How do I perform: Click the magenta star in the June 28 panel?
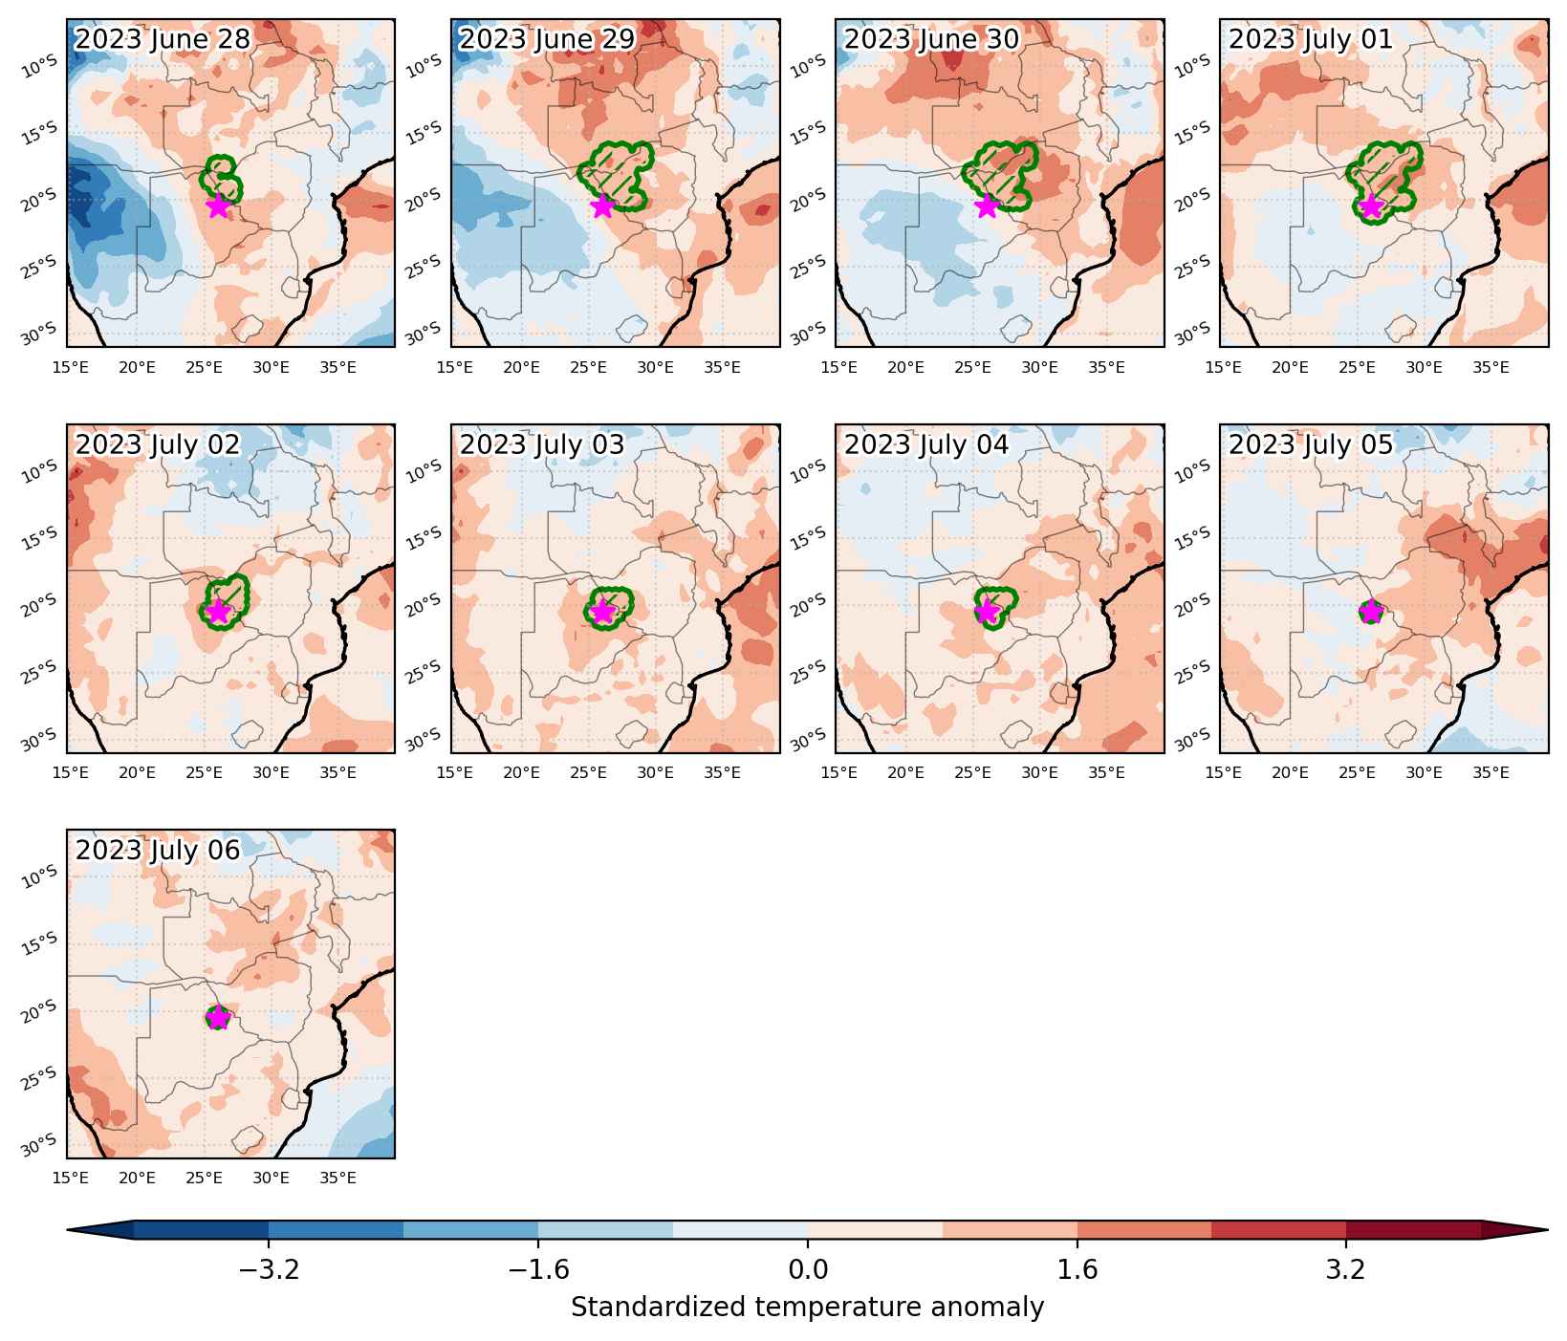(x=218, y=205)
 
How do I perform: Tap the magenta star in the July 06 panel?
(x=218, y=1017)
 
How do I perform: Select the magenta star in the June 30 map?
(x=987, y=205)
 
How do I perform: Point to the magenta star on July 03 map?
(x=602, y=612)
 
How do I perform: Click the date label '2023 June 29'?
(x=547, y=39)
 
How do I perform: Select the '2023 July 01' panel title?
(x=1311, y=39)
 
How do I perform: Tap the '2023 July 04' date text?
(x=926, y=444)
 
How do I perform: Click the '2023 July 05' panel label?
(x=1311, y=444)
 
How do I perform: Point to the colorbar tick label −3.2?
(x=268, y=1269)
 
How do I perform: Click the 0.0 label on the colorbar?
(x=808, y=1269)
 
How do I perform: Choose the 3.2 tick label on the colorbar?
(x=1346, y=1269)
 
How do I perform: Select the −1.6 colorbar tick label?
(x=537, y=1269)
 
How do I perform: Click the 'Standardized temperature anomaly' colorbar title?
(x=807, y=1307)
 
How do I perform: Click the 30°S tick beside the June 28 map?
(x=39, y=334)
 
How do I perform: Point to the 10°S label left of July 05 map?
(x=1192, y=470)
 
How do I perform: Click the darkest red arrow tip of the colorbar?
(x=1546, y=1230)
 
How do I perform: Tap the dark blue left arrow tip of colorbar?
(x=69, y=1230)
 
